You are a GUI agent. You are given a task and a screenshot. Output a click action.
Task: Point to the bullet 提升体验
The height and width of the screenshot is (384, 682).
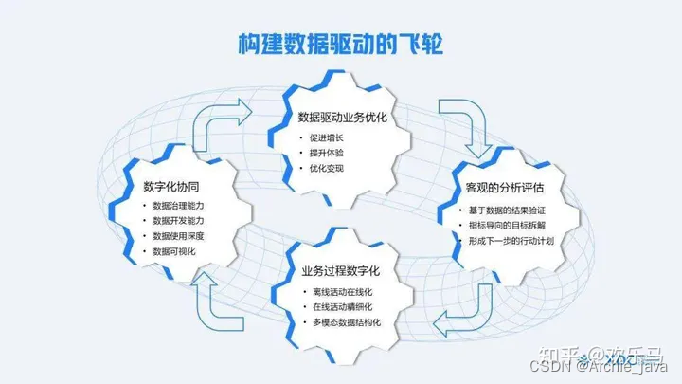328,154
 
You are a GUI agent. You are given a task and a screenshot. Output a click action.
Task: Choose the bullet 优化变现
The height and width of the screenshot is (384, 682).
328,169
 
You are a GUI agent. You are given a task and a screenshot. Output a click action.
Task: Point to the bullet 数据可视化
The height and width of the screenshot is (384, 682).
175,251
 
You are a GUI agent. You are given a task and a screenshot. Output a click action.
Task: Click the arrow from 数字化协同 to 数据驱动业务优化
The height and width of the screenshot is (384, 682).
220,119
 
